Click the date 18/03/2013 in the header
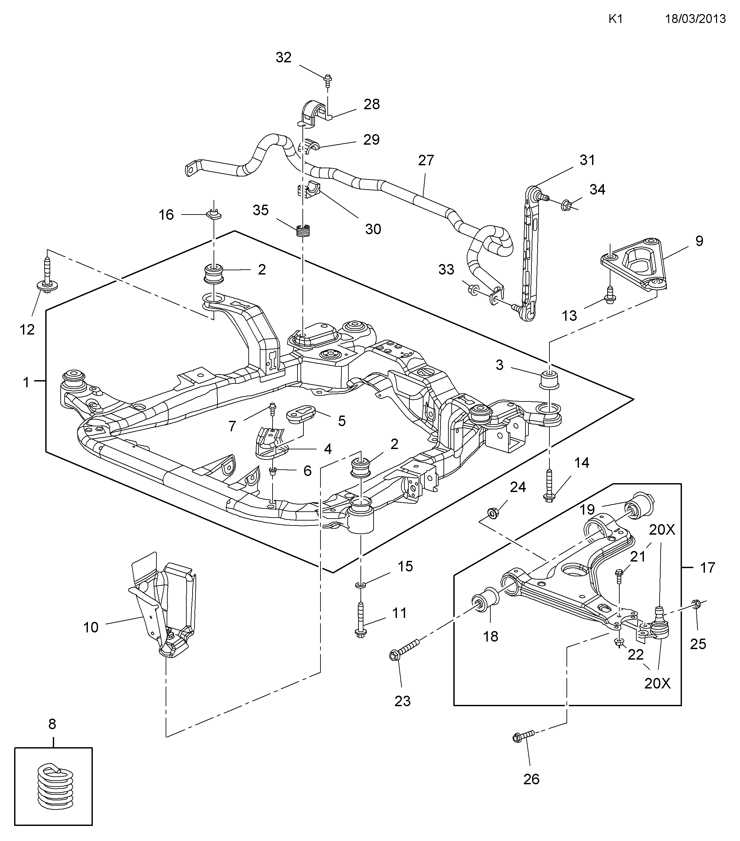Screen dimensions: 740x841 click(x=695, y=19)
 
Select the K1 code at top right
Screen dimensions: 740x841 click(x=616, y=19)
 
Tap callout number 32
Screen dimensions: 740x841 click(x=284, y=57)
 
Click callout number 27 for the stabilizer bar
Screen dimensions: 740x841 click(x=426, y=160)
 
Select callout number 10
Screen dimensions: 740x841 click(x=91, y=627)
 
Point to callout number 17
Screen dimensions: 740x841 click(x=708, y=567)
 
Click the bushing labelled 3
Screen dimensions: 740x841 click(x=549, y=379)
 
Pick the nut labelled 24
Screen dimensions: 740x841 click(x=492, y=512)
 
